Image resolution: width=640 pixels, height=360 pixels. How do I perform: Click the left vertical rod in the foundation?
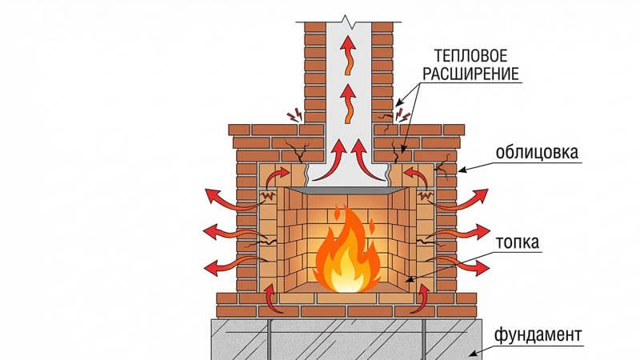tap(270, 336)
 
